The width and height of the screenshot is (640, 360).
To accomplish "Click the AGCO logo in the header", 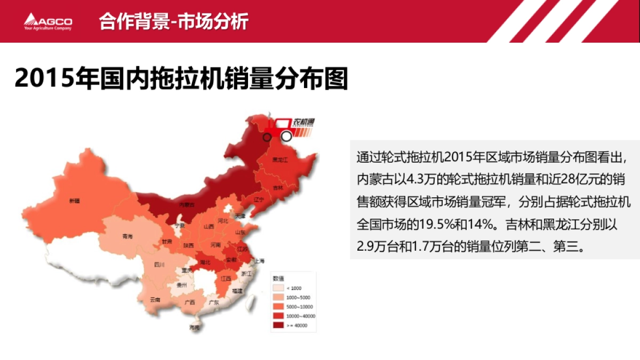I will pos(48,22).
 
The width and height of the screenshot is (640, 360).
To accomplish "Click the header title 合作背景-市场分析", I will pos(174,22).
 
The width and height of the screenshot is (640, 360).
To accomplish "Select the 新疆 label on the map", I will pos(74,201).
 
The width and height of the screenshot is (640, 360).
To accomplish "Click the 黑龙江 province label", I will pos(279,159).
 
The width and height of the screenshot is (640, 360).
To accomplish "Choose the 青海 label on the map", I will pos(127,235).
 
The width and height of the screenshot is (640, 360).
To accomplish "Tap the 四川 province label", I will pos(159,264).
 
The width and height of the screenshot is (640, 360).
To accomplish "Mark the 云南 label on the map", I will pos(155,300).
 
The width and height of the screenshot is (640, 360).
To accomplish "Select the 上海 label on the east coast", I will pos(260,261).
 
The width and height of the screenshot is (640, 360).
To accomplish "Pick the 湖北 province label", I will pos(205,262).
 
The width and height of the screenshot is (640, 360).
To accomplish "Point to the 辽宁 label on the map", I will pos(259,199).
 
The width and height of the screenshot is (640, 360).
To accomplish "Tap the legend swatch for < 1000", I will pos(278,288).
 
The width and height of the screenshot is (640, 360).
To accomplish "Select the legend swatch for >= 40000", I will pos(278,325).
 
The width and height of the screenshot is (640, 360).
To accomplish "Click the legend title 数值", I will pos(278,278).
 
